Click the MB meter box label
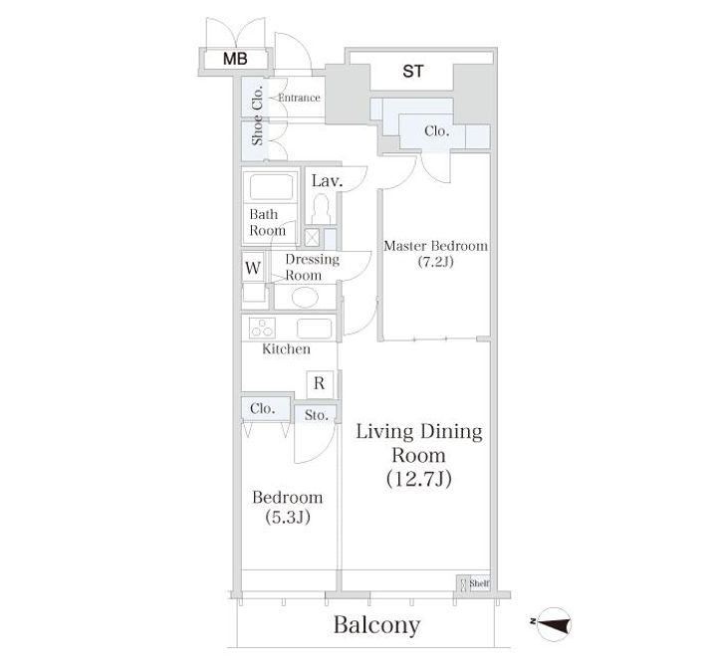(x=235, y=59)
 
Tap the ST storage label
(x=413, y=72)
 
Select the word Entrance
(x=299, y=98)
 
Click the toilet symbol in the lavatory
(x=322, y=209)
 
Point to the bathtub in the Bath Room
(x=271, y=186)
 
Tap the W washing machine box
(x=253, y=268)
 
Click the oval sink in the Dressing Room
(x=305, y=298)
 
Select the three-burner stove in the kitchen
(x=263, y=328)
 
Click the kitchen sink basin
(x=315, y=329)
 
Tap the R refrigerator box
(x=320, y=383)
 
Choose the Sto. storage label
(x=316, y=415)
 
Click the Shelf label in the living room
(x=479, y=583)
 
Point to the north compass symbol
(x=553, y=624)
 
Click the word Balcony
(x=376, y=626)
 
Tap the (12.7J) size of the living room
(x=419, y=479)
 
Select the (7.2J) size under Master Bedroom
(x=436, y=262)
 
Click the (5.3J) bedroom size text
(x=288, y=517)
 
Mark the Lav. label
(x=327, y=181)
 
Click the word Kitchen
(x=286, y=349)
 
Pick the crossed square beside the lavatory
(x=312, y=238)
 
